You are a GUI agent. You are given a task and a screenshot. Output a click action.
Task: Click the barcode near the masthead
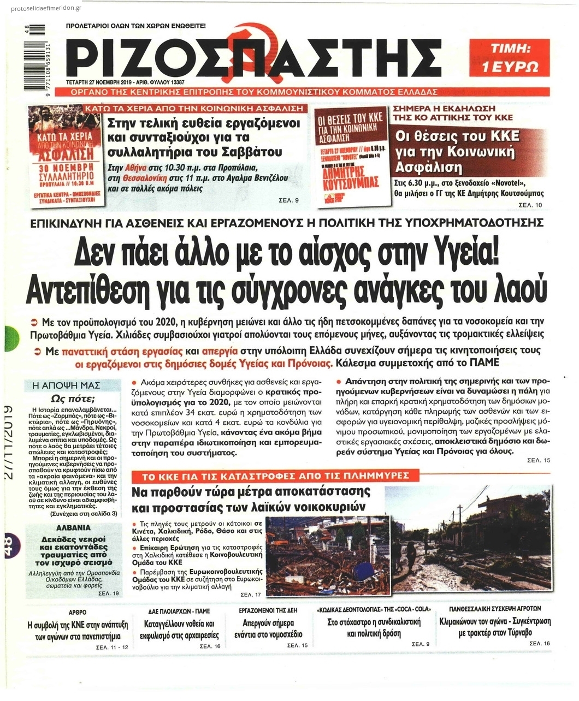(x=36, y=55)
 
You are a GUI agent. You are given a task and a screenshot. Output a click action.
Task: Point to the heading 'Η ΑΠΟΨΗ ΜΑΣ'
(x=67, y=385)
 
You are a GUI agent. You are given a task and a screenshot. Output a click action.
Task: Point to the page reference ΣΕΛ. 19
(x=108, y=593)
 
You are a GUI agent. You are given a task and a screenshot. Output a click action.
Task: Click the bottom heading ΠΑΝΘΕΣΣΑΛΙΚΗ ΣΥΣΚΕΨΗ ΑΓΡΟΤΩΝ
(x=495, y=608)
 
